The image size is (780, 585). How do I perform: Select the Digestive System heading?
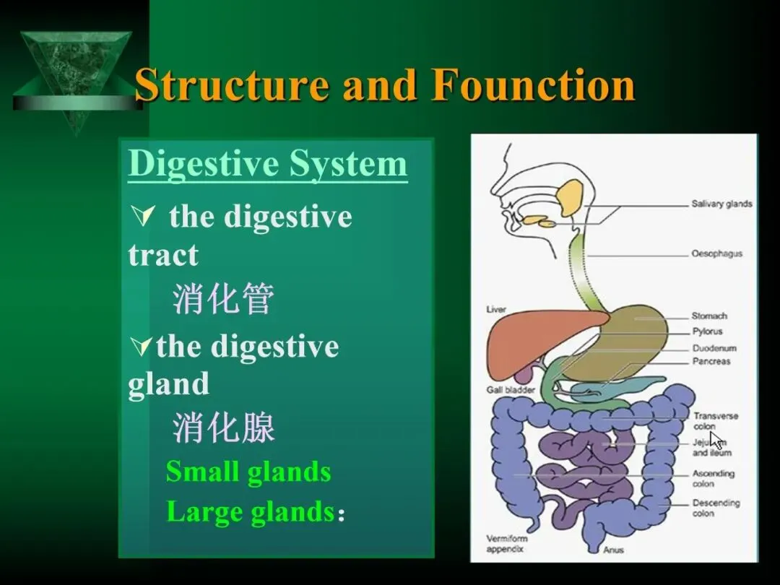(x=267, y=164)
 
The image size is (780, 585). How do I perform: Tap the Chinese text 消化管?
(x=223, y=298)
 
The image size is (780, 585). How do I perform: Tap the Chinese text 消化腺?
(x=223, y=428)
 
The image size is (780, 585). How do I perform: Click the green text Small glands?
(x=248, y=472)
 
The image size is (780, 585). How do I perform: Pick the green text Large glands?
(x=250, y=512)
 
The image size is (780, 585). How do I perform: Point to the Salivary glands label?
(x=721, y=204)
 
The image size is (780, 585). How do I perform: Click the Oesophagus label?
(x=716, y=253)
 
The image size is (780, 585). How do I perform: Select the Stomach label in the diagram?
(x=709, y=316)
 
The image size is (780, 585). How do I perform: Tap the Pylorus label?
(x=707, y=332)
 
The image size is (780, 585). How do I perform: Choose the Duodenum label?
(x=714, y=348)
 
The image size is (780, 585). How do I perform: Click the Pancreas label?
(x=711, y=361)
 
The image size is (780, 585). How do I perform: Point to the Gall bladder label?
(x=510, y=390)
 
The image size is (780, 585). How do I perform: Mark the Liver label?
(x=496, y=309)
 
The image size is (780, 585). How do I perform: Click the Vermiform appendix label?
(x=507, y=544)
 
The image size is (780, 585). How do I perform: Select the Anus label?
(x=613, y=550)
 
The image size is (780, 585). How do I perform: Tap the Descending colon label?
(x=716, y=508)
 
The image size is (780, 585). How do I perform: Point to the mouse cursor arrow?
(x=716, y=440)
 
